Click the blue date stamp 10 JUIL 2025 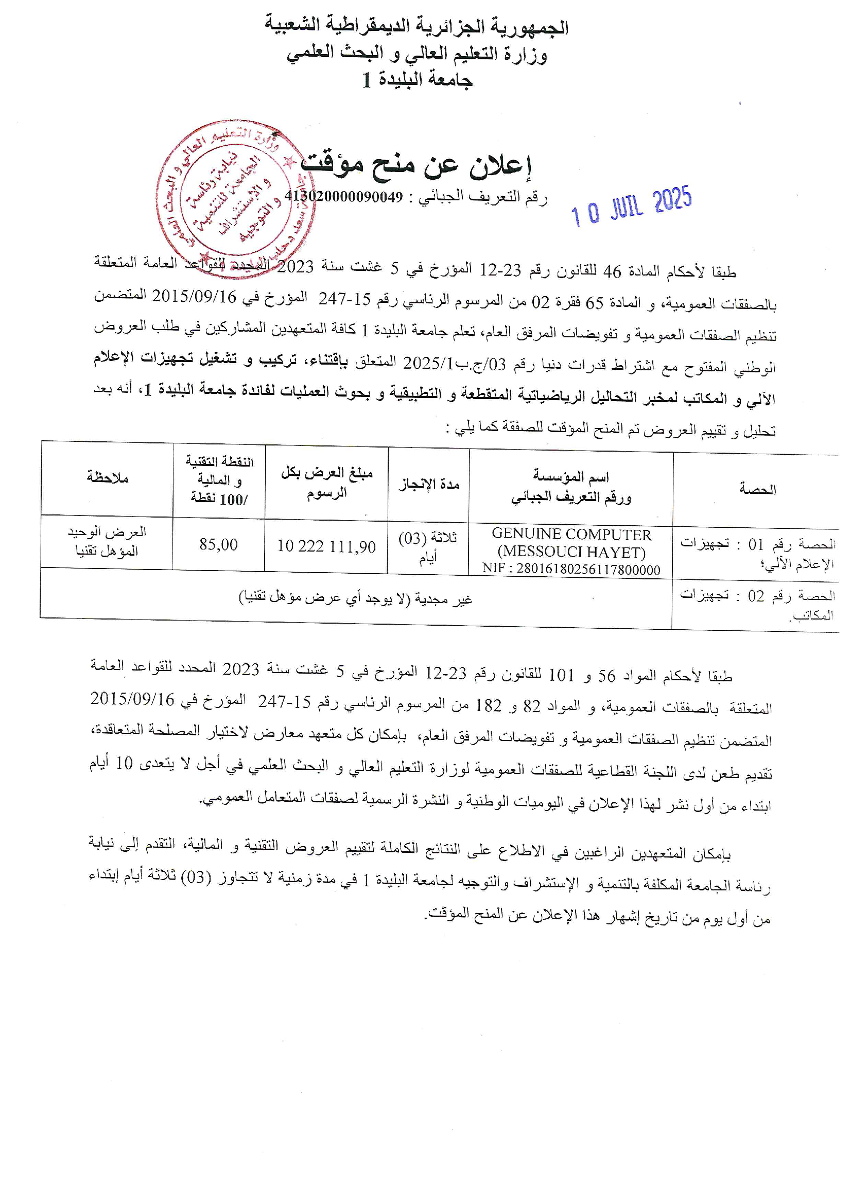pos(631,207)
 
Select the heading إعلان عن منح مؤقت pos(416,165)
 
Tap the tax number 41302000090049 pos(344,197)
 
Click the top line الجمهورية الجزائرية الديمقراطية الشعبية pos(416,26)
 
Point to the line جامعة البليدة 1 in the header pos(418,80)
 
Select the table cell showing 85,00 pos(218,545)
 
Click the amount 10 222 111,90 pos(326,546)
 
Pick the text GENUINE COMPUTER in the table pos(571,535)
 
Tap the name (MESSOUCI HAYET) pos(571,552)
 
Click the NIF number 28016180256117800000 pos(571,570)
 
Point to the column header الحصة pos(757,489)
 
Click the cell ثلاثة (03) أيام pos(428,547)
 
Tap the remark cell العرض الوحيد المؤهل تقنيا pos(107,541)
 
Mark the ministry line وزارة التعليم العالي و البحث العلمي pos(416,54)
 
